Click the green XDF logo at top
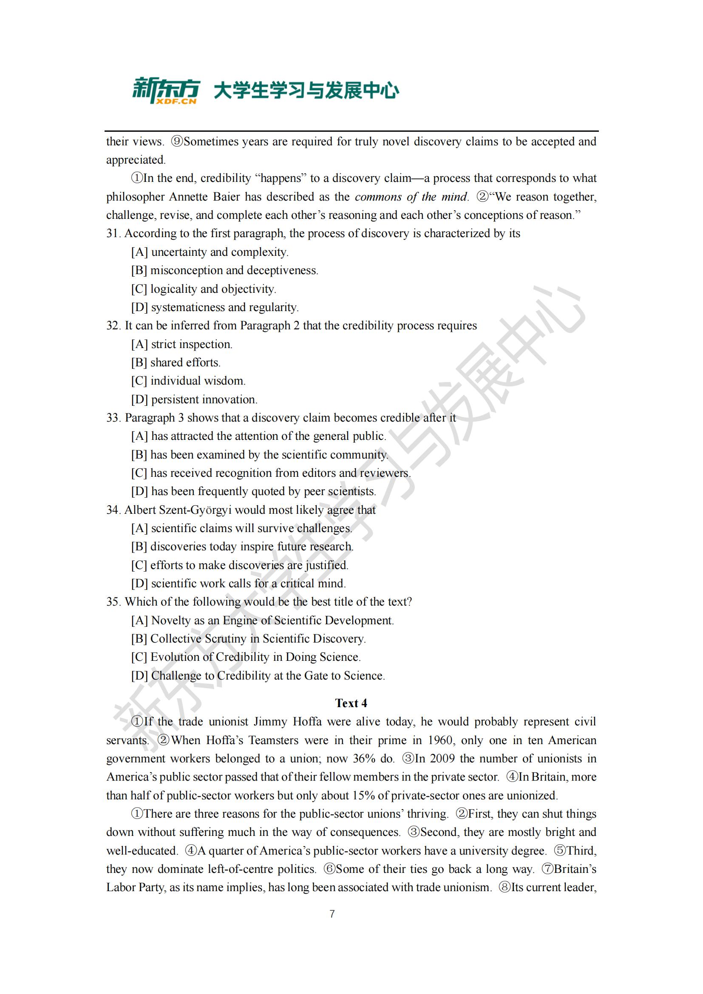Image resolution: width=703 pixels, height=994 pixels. pyautogui.click(x=166, y=91)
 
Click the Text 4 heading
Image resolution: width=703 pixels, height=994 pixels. pyautogui.click(x=351, y=703)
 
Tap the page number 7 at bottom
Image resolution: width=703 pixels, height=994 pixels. pyautogui.click(x=332, y=914)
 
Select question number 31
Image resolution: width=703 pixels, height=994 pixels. pyautogui.click(x=113, y=233)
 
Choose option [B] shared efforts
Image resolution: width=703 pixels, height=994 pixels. pyautogui.click(x=176, y=362)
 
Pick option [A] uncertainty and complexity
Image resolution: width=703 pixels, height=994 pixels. pyautogui.click(x=210, y=252)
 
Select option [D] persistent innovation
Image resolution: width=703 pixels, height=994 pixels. pyautogui.click(x=194, y=399)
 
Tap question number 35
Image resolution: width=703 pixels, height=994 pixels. pyautogui.click(x=113, y=602)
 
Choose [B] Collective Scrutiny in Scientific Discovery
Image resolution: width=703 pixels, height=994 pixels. pyautogui.click(x=249, y=639)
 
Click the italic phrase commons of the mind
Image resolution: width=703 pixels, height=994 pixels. pyautogui.click(x=411, y=197)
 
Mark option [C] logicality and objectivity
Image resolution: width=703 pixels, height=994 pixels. pyautogui.click(x=204, y=289)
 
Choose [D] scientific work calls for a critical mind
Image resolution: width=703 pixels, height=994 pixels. pyautogui.click(x=238, y=583)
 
